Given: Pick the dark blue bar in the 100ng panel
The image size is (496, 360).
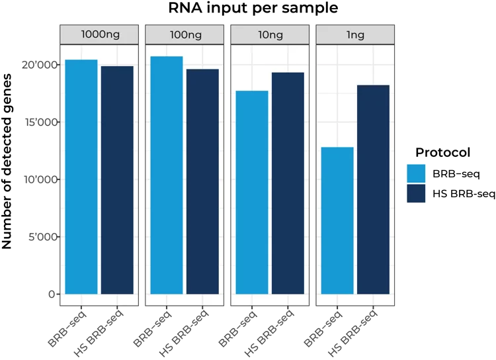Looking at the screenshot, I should click(202, 181).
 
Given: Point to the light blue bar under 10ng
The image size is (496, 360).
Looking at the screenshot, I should click(252, 192).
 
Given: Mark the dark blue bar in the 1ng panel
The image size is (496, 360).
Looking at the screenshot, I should click(373, 189).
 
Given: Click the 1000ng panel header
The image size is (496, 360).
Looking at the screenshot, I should click(99, 34).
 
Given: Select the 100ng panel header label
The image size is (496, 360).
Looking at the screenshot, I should click(185, 34).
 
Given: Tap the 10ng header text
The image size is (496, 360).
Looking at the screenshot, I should click(270, 34).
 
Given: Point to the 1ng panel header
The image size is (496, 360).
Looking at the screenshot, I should click(355, 34).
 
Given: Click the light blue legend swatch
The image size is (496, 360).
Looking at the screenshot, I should click(416, 173).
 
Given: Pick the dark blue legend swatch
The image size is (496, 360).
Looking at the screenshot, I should click(416, 193).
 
